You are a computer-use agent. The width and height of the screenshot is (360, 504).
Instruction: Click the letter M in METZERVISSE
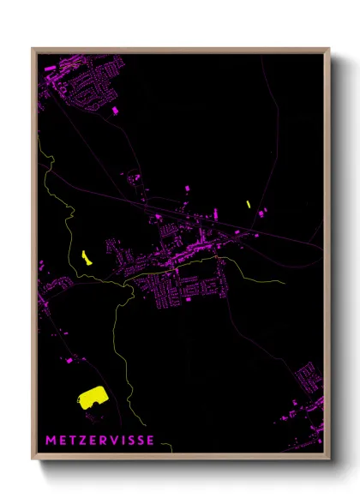pos(51,441)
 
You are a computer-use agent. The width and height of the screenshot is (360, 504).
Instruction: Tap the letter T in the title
pos(74,441)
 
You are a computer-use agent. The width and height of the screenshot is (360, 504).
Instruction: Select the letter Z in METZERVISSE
pos(84,441)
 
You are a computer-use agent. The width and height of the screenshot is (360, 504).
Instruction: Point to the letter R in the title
pos(105,441)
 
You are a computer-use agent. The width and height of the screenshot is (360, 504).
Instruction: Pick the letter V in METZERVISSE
pos(116,441)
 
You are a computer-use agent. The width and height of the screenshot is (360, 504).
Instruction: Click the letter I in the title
pos(124,441)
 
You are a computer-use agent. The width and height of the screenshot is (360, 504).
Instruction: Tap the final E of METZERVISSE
pos(152,441)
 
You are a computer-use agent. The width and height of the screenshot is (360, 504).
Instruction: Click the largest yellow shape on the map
pos(91,395)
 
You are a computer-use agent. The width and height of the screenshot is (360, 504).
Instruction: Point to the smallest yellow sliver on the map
pos(248,204)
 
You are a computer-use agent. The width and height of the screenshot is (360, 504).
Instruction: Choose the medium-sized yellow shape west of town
pos(85,256)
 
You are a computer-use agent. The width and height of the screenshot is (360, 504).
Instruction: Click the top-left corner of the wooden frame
pos(33,49)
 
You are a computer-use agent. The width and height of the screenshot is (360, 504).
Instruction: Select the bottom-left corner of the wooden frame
pos(33,459)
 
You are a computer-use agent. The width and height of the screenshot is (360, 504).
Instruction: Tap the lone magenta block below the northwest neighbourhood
pos(116,111)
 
